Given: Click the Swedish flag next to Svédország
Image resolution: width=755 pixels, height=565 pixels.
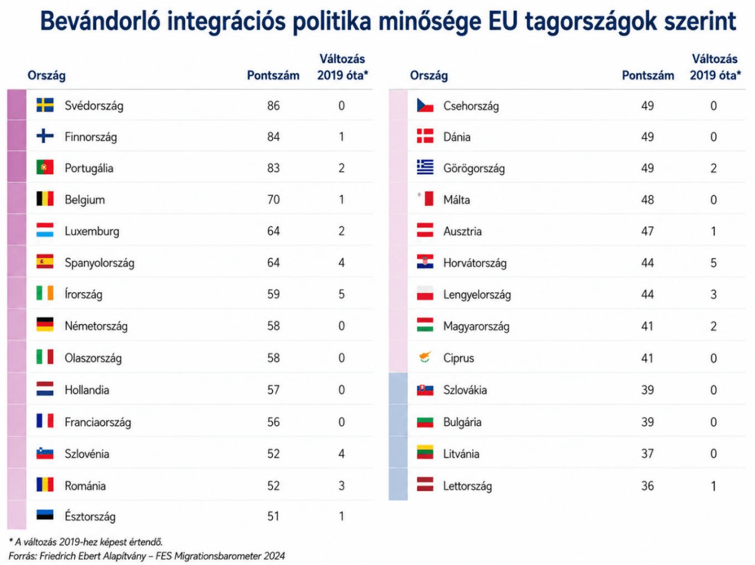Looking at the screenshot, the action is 45,105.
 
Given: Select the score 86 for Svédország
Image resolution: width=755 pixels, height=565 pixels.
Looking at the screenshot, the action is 273,106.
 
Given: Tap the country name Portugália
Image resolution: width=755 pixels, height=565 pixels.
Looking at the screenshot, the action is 89,168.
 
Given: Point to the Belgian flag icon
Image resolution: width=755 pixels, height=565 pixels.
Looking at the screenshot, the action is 45,199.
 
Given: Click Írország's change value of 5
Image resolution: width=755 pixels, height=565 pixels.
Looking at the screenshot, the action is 342,294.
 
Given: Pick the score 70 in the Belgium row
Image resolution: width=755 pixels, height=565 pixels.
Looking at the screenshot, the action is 273,199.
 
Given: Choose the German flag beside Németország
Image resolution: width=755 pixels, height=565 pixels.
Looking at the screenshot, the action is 45,325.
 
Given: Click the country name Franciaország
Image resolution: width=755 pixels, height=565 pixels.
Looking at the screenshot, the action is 98,422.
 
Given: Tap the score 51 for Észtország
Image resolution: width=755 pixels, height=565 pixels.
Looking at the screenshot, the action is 273,516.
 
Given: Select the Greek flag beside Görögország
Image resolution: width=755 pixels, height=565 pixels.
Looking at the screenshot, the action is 425,167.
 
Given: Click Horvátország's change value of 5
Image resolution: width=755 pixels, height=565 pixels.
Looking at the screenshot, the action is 713,263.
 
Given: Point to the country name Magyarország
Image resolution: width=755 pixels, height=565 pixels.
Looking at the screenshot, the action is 476,327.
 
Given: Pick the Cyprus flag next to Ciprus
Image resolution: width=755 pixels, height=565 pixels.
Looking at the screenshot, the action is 425,358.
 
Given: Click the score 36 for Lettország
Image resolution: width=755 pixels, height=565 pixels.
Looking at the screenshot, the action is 648,486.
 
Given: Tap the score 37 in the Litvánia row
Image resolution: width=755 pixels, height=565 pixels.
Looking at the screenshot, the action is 648,454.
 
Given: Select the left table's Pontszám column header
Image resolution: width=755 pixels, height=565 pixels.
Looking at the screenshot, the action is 273,76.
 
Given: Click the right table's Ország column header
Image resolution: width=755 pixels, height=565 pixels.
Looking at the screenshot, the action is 429,76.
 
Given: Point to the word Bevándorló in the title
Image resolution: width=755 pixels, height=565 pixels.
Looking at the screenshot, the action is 100,21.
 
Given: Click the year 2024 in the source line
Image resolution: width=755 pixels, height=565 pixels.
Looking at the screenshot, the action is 275,556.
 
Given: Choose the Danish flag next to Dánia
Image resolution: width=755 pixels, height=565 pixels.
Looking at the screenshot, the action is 425,136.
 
